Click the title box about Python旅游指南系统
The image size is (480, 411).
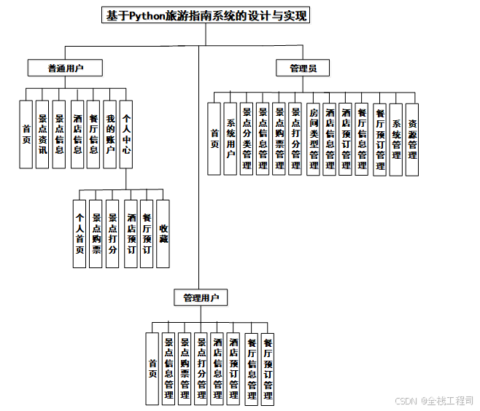click(206, 16)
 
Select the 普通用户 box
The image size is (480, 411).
click(64, 68)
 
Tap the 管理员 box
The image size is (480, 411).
click(303, 68)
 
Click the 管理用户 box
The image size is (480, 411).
click(201, 298)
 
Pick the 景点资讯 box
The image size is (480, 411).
click(43, 134)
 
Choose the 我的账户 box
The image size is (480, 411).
click(110, 134)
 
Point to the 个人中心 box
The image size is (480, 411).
click(127, 134)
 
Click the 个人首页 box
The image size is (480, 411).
click(80, 234)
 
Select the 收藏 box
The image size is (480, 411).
click(163, 234)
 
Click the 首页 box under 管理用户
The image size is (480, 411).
click(152, 368)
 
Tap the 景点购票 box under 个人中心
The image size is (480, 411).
click(96, 234)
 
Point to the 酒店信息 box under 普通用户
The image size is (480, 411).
click(77, 134)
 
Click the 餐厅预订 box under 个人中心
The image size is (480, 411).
click(147, 234)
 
